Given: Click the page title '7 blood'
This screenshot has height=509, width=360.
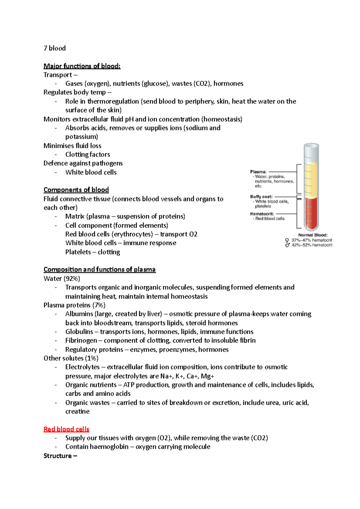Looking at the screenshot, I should [x=55, y=48].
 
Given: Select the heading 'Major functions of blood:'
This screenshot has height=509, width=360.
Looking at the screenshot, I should [x=82, y=66].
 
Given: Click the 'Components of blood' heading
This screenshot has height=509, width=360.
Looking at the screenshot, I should [x=76, y=190].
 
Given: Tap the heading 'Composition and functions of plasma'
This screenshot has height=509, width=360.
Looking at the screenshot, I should [x=99, y=269].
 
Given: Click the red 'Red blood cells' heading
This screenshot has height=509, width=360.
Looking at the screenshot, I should [x=66, y=429].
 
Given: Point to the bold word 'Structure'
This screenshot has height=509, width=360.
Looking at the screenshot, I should [x=58, y=456].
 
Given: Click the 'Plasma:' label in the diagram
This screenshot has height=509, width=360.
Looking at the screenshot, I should [x=258, y=172].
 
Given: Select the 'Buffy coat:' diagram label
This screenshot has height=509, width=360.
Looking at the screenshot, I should [x=261, y=197].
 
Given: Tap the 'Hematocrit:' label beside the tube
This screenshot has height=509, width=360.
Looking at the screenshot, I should [x=262, y=214].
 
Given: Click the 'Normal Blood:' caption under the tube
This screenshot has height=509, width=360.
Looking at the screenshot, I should [x=313, y=235].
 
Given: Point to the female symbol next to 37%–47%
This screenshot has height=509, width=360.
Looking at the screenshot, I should [x=287, y=240].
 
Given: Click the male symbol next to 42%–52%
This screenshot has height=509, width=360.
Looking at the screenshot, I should [x=287, y=245].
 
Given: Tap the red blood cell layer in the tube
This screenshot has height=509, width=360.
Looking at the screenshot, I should [x=311, y=213].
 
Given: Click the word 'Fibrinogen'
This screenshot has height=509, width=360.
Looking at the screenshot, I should [x=81, y=341].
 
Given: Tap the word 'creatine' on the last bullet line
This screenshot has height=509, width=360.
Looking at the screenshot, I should [x=77, y=412].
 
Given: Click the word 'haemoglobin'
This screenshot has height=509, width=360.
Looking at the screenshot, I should [x=109, y=447].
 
